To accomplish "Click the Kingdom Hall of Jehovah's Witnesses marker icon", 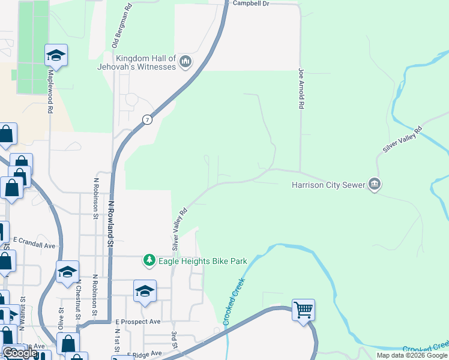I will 185,61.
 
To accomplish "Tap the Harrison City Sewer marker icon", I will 375,184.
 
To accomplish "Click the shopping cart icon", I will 304,310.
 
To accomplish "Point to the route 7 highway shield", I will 147,119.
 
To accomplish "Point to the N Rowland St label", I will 110,223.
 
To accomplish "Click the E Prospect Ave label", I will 138,322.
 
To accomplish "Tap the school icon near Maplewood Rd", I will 56,55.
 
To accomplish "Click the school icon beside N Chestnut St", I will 67,272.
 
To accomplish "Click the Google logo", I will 20,353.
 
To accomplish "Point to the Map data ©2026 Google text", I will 412,355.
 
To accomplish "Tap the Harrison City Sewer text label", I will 329,185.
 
